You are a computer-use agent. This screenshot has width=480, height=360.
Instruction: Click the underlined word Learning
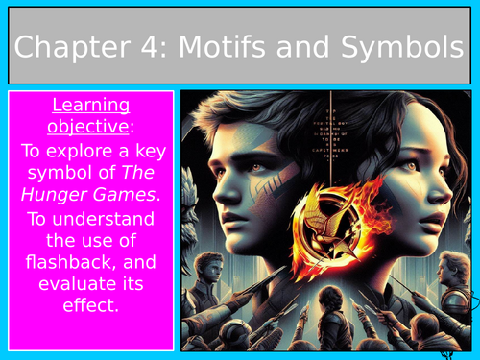[90, 105]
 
